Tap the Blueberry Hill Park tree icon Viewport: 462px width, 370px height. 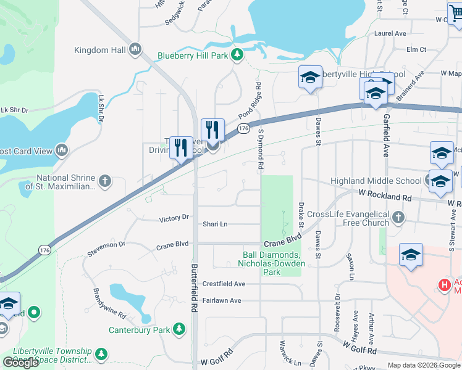point(236,55)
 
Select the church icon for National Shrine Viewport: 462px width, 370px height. point(106,181)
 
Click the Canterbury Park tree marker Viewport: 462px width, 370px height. point(180,330)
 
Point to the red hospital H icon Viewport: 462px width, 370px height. point(443,285)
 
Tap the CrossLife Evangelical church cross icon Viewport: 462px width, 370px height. point(399,218)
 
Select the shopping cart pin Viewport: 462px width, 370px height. point(456,12)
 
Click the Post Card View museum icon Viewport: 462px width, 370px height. point(61,150)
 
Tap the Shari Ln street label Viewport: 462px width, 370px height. point(216,224)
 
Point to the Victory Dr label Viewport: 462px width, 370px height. point(174,218)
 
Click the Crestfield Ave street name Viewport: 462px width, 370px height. point(224,284)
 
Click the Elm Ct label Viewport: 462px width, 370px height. point(416,49)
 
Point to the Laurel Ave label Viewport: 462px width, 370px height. point(390,33)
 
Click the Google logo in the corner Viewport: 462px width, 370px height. point(21,363)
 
